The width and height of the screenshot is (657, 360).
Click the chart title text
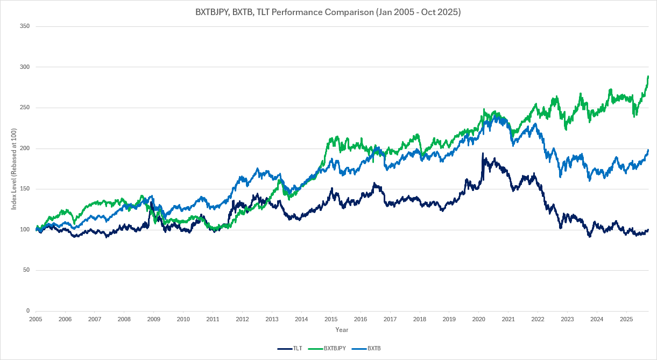click(x=328, y=12)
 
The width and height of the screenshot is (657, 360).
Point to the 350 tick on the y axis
click(x=25, y=26)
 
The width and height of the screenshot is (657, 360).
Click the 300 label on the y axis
click(x=25, y=67)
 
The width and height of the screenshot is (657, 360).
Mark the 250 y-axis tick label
click(x=25, y=108)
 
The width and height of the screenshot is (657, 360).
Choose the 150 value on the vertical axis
click(x=25, y=189)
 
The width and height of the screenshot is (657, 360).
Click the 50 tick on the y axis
click(x=26, y=270)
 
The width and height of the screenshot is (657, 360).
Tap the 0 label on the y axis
click(x=28, y=311)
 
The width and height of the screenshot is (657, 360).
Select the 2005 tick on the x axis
click(x=36, y=319)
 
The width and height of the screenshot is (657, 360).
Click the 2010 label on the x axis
click(x=183, y=319)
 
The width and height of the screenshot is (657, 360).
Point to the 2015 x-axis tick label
click(x=331, y=319)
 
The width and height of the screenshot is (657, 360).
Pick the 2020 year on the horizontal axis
click(x=478, y=319)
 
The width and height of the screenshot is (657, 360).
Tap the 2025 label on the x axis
click(x=626, y=319)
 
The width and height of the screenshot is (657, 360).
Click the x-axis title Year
click(x=342, y=329)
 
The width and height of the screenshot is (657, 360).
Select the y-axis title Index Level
click(x=14, y=168)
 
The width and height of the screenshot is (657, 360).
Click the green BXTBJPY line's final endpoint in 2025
click(x=648, y=76)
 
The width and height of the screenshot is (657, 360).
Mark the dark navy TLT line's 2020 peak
click(x=483, y=154)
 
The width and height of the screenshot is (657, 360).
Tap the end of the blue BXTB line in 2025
click(x=648, y=150)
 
